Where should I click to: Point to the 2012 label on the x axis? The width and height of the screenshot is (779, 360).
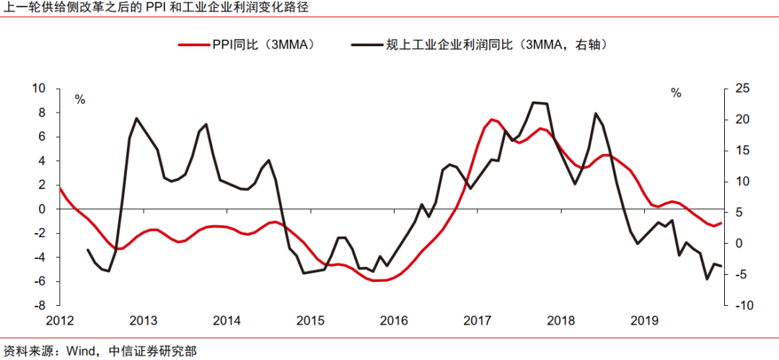[x=60, y=320]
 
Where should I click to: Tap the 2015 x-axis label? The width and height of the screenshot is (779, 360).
[x=311, y=320]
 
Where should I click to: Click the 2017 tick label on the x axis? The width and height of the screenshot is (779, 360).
[x=477, y=320]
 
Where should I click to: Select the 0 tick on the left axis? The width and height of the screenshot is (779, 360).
[x=43, y=209]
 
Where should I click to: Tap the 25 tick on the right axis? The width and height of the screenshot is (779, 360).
[x=741, y=88]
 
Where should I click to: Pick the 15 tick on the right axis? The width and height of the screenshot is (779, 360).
[x=741, y=150]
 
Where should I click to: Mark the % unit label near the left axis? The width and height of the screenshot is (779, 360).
[x=80, y=100]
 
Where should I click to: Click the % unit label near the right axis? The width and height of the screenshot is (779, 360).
[x=676, y=93]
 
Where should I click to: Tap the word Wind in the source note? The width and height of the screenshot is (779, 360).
[x=81, y=351]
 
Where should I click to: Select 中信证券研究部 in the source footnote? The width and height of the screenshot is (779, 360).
[x=152, y=351]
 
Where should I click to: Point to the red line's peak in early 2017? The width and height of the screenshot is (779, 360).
[x=491, y=119]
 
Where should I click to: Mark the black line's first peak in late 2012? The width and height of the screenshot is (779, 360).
[x=137, y=118]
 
